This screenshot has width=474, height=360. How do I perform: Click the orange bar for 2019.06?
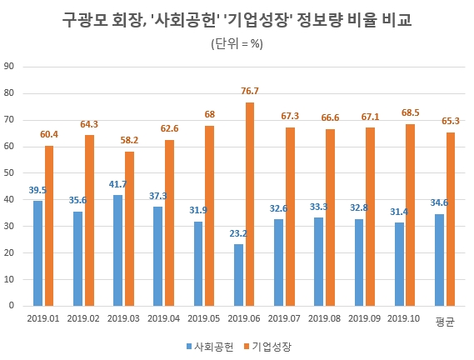(250, 204)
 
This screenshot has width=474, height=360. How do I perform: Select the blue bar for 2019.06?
(238, 275)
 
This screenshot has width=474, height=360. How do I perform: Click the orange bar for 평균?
(451, 219)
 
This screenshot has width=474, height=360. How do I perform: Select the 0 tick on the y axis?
(11, 306)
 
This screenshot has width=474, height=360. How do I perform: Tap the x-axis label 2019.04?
(163, 318)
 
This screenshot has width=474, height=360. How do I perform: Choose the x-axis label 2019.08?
(324, 318)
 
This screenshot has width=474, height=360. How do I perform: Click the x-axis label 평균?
(444, 319)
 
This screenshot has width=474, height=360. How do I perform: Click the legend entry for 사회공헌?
(213, 344)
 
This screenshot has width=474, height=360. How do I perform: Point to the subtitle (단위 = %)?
(237, 44)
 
